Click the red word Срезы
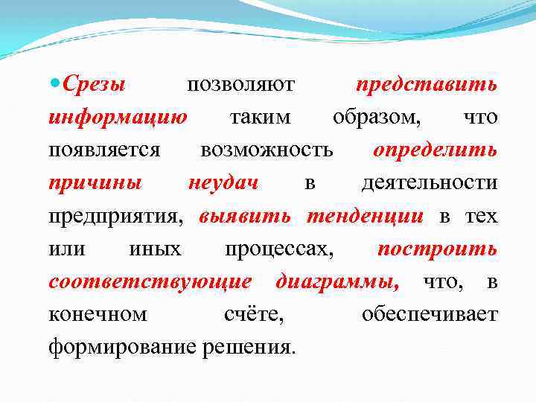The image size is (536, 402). (x=94, y=84)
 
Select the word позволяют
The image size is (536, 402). (x=240, y=84)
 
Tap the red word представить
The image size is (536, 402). (x=427, y=84)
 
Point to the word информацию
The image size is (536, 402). (x=118, y=117)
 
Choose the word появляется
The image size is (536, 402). (x=104, y=150)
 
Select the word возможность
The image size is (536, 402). (x=267, y=150)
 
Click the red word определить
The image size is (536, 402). (x=435, y=150)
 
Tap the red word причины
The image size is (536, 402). (x=95, y=182)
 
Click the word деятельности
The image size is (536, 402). (x=429, y=182)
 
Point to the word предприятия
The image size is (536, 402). (x=115, y=216)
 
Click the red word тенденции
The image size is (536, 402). (x=365, y=216)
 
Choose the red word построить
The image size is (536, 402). (x=437, y=249)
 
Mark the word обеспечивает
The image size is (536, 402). (x=430, y=314)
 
